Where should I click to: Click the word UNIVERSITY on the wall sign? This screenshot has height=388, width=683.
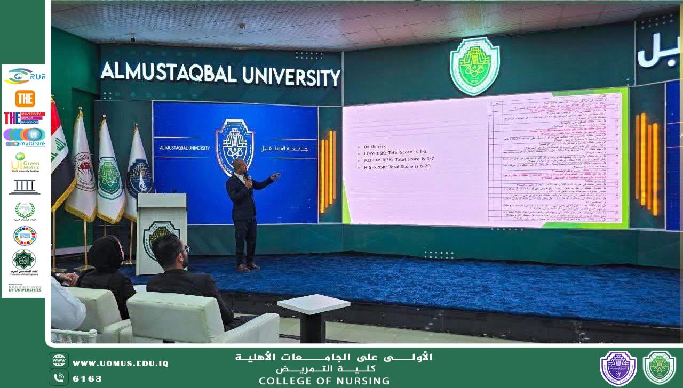tap(291, 76)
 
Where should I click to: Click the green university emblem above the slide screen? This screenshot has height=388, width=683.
tap(474, 66)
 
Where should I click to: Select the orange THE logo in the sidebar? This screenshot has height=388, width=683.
tap(25, 99)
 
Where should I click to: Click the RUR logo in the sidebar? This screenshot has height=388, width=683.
tap(25, 76)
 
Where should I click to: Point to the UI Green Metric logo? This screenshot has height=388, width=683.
tap(25, 162)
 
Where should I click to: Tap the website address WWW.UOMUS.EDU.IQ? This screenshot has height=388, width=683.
tap(121, 363)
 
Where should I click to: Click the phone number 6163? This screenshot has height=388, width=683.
tap(88, 379)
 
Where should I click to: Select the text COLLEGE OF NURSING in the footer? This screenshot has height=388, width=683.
tap(324, 381)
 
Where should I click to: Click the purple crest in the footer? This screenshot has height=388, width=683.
tap(618, 368)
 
